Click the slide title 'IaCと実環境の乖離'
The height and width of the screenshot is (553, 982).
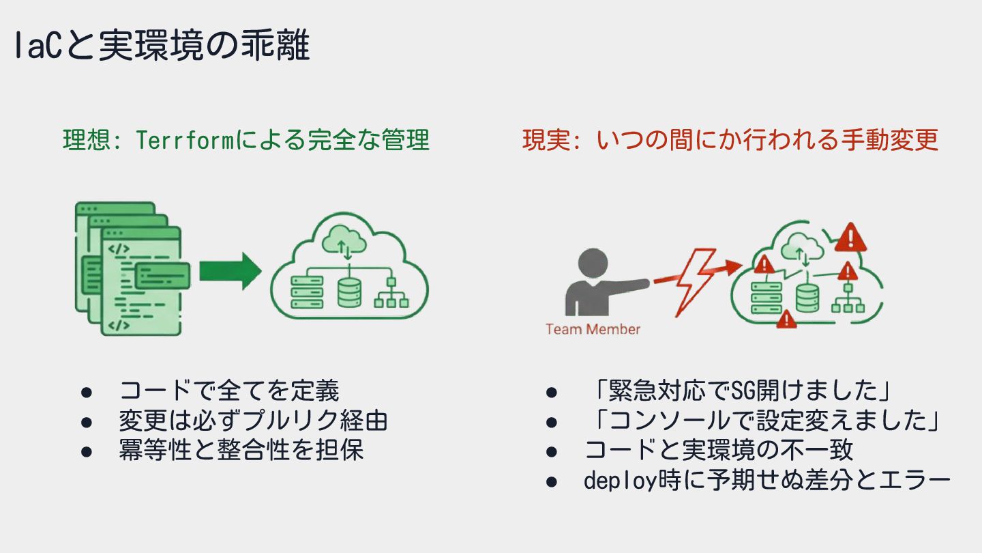click(x=162, y=47)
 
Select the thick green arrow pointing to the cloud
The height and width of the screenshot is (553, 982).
click(x=230, y=271)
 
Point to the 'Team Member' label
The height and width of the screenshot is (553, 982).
click(x=593, y=329)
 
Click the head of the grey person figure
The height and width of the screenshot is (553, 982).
click(x=591, y=264)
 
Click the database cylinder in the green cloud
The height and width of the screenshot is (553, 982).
click(x=348, y=292)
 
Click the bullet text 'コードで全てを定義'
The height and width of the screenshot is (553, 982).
click(x=229, y=391)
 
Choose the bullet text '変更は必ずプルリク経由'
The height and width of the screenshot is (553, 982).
click(x=253, y=421)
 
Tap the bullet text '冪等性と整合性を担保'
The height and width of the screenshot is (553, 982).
click(x=241, y=450)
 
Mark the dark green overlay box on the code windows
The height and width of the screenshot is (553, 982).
click(x=162, y=276)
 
